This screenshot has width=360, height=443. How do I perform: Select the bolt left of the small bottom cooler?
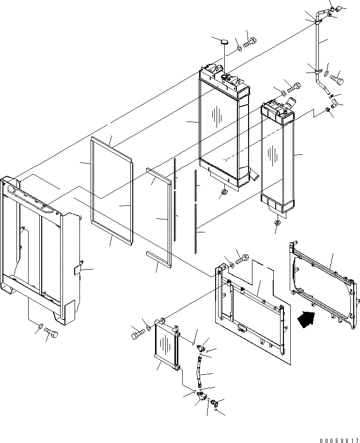(x=136, y=333)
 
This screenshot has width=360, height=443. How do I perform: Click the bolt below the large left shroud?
(x=50, y=333)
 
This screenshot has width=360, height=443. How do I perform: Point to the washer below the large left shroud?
(x=40, y=325)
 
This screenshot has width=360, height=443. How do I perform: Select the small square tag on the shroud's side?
(x=78, y=269)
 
